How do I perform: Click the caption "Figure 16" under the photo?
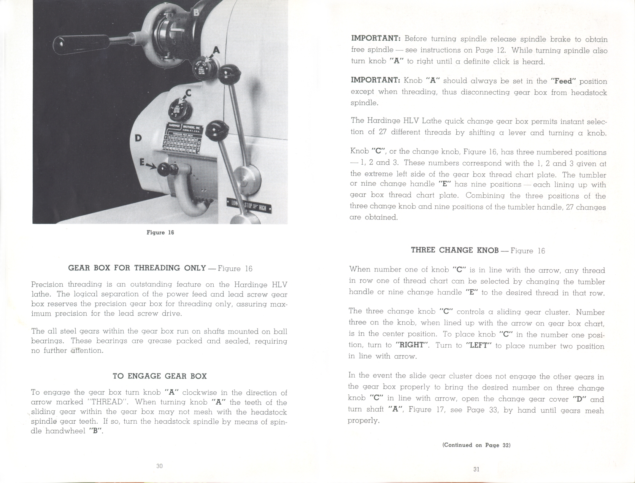coord(160,232)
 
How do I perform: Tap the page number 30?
coord(159,466)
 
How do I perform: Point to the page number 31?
coord(476,469)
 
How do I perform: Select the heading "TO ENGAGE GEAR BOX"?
coord(160,376)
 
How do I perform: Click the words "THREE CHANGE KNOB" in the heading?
coord(454,250)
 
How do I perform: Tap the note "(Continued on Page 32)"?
coord(476,445)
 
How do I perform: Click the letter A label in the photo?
coord(216,50)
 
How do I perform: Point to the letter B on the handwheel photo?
coord(196,13)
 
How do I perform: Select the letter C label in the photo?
coord(188,92)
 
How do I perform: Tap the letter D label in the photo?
coord(138,138)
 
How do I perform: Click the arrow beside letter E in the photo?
coord(151,165)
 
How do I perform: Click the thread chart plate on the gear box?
coord(181,139)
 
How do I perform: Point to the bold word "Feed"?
coord(564,81)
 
